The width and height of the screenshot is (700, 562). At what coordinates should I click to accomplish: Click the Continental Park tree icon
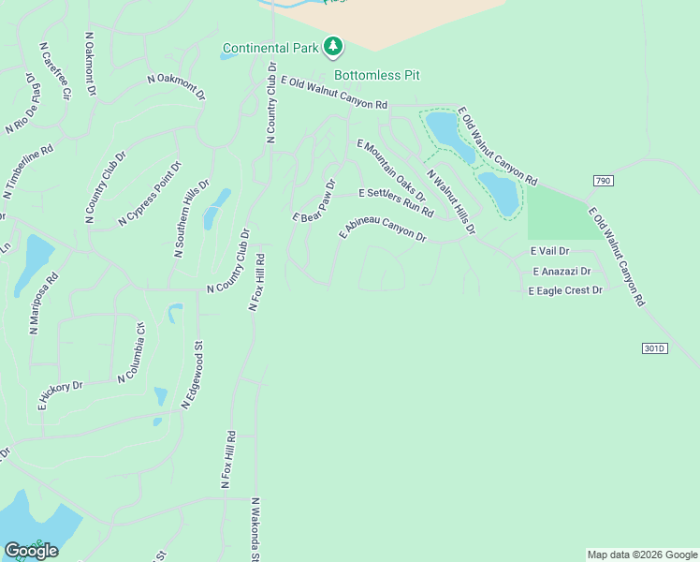333,46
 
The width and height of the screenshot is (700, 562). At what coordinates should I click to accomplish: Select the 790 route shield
602,180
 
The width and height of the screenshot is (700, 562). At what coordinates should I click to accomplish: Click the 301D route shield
655,348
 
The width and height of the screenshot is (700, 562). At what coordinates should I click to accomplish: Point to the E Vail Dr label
549,251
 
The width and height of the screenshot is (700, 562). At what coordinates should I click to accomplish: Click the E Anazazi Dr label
561,272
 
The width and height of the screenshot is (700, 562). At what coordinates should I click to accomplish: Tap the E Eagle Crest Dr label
565,291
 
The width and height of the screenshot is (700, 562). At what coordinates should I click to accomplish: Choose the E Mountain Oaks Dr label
391,170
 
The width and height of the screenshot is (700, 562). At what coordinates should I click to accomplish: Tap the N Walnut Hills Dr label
451,201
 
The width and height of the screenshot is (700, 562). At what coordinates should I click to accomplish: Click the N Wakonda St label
255,528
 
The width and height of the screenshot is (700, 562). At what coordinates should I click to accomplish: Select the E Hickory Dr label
60,396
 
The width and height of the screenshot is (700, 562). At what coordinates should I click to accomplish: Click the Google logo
31,551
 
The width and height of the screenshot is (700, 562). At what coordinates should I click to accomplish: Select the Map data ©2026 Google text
642,555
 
